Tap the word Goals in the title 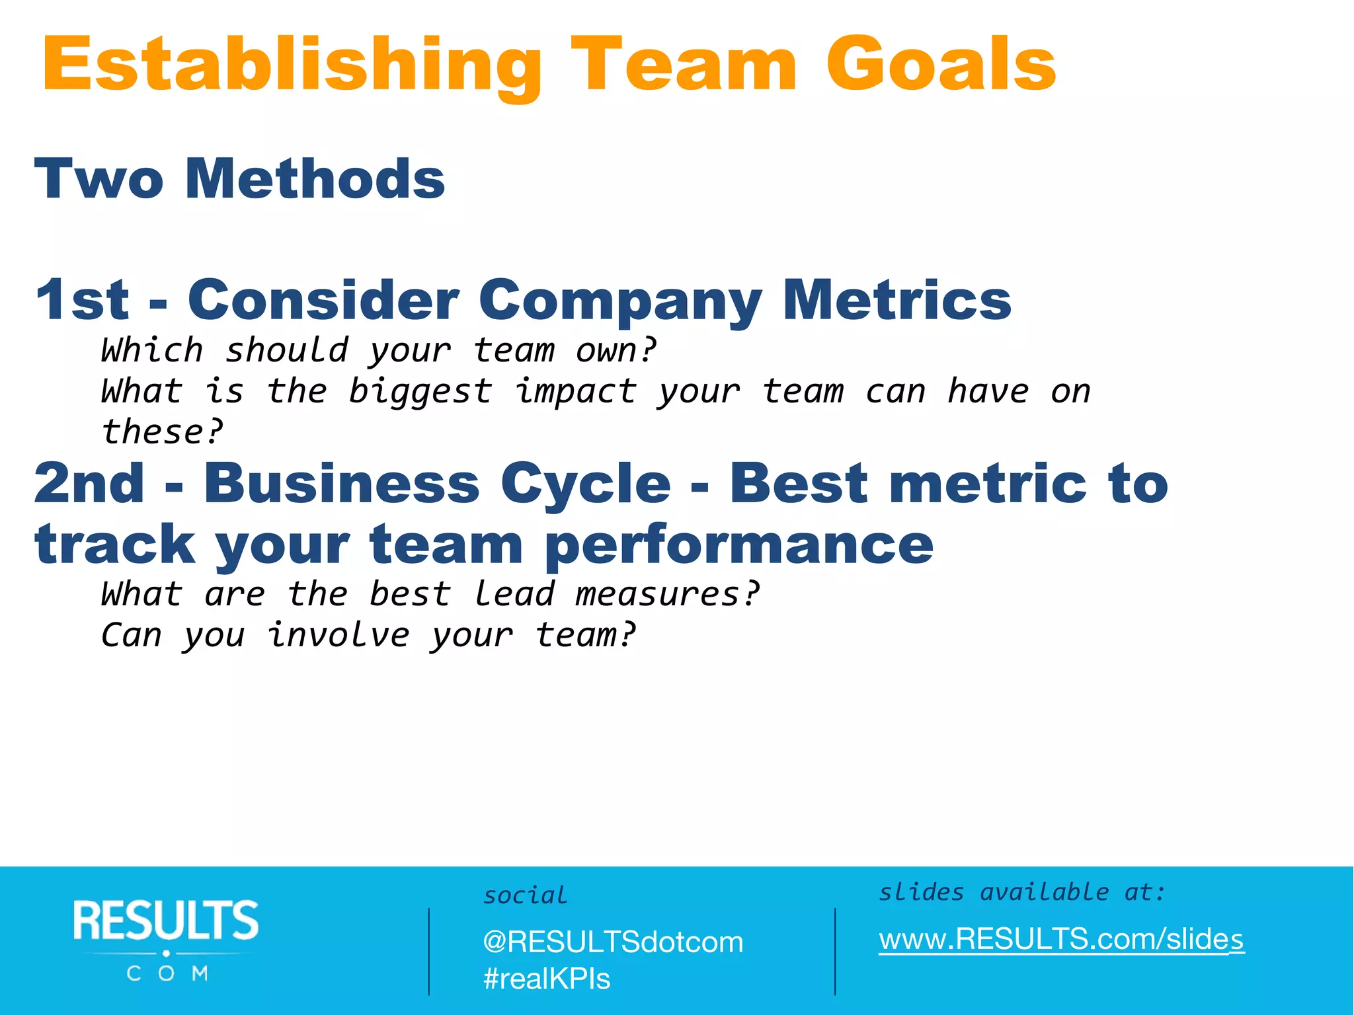[x=941, y=65]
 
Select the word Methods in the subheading [x=315, y=179]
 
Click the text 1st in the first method [x=83, y=300]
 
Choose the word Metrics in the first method [x=896, y=300]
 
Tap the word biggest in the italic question [x=420, y=392]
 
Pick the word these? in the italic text [x=163, y=432]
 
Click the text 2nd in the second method [x=89, y=483]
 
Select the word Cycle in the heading [x=586, y=484]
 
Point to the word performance [x=739, y=546]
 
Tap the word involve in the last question [x=338, y=635]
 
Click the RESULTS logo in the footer [x=166, y=938]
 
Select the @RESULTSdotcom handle [x=613, y=942]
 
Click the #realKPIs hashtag [x=547, y=979]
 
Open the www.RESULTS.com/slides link [x=1061, y=939]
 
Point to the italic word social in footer [x=525, y=895]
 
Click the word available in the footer [x=1044, y=892]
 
